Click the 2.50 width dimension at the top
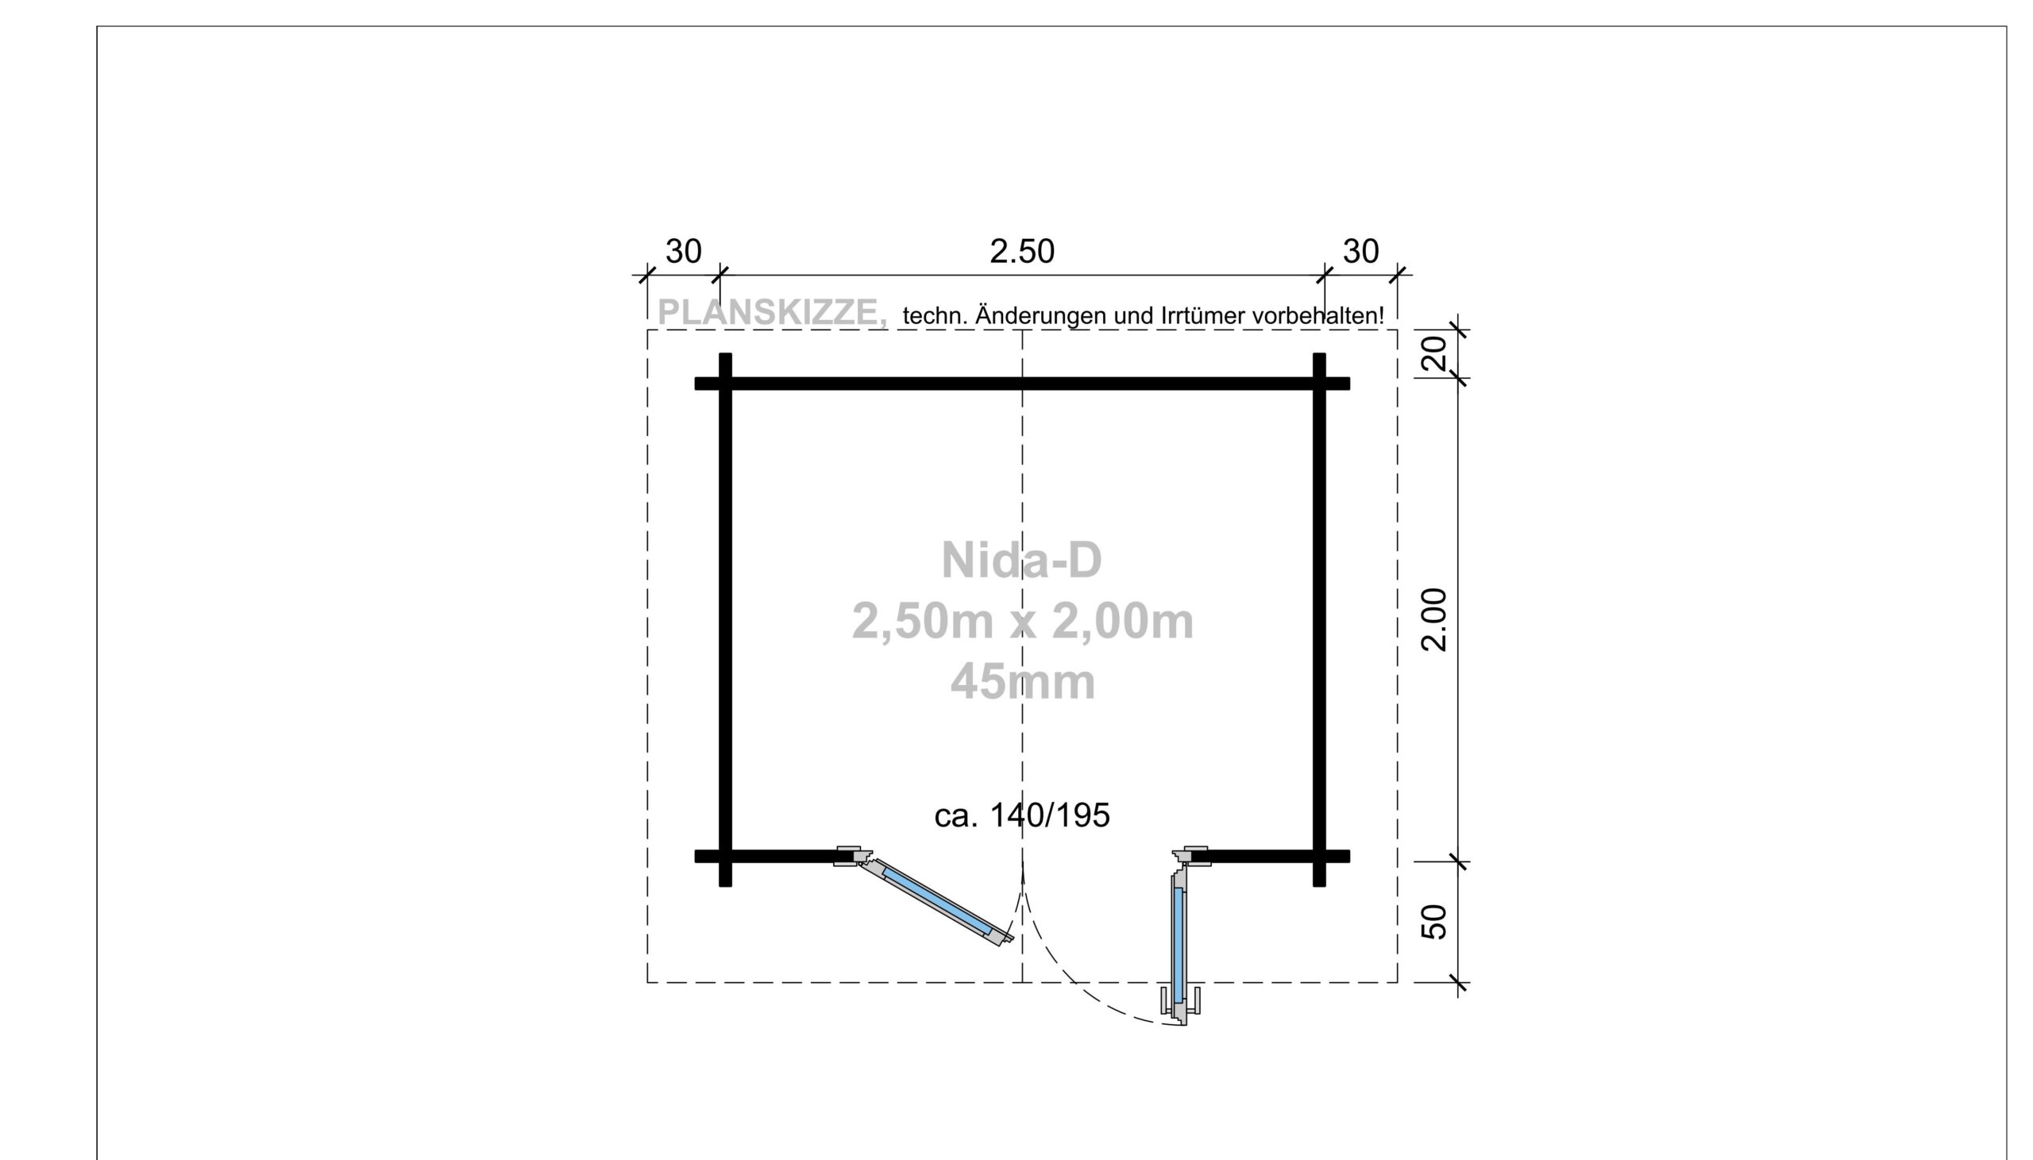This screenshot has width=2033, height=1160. tap(1021, 252)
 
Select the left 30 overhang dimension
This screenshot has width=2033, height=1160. tap(684, 252)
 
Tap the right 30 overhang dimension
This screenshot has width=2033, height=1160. tap(1360, 252)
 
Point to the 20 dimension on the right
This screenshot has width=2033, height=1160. tap(1434, 353)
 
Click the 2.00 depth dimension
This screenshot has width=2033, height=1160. tap(1434, 620)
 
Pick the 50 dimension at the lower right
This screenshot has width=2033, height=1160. tap(1434, 922)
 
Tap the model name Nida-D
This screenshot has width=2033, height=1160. tap(1021, 560)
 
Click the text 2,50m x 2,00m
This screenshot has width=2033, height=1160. tap(1023, 622)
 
